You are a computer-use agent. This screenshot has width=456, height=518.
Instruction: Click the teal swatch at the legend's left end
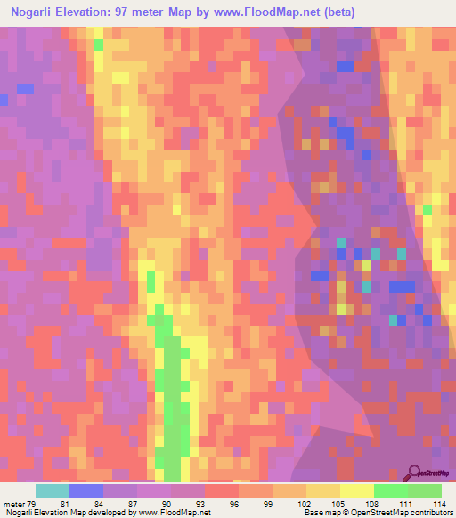point(53,490)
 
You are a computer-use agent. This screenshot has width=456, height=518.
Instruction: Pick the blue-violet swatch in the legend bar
point(86,490)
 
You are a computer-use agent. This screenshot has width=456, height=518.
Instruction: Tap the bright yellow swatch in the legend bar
point(356,490)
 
